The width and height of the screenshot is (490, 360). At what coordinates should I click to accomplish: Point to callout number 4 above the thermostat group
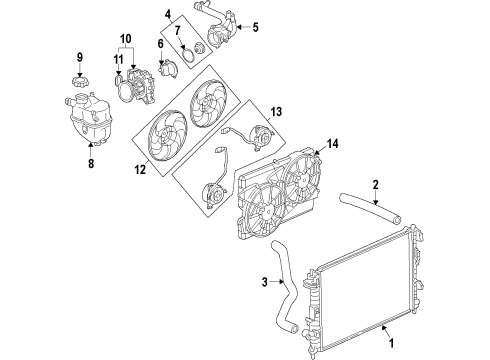coord(168,14)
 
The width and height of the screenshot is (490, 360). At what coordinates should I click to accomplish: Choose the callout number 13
coord(277,113)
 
